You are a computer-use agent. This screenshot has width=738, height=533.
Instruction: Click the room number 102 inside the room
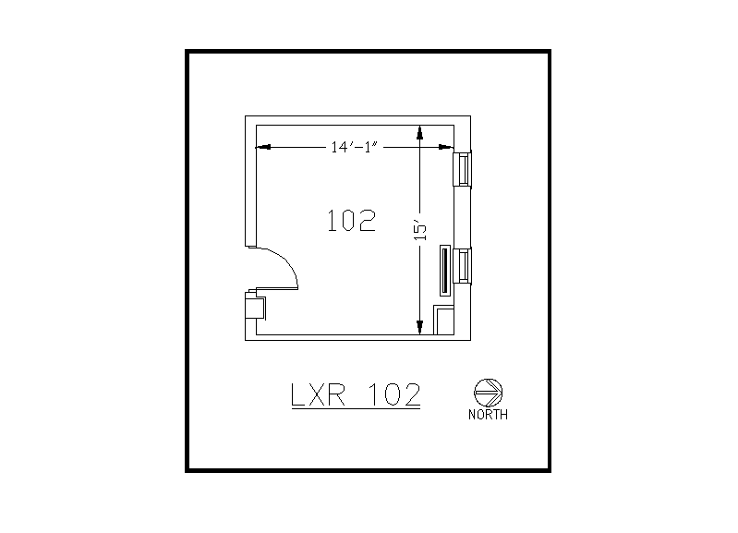(352, 220)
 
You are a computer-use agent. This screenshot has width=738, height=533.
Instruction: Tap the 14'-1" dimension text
(355, 146)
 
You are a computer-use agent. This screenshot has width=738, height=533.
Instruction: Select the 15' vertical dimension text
(419, 229)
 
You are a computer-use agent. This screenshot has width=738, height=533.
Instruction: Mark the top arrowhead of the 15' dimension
(420, 131)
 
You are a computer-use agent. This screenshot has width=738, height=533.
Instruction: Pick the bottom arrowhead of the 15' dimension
(420, 325)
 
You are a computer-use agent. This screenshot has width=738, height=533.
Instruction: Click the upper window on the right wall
(462, 169)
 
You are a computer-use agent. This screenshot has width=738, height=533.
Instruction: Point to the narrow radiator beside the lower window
(445, 271)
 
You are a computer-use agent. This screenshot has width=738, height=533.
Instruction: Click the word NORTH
(488, 415)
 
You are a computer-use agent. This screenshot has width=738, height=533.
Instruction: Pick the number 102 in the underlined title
(395, 394)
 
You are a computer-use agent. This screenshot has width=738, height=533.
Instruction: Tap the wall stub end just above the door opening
(249, 246)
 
